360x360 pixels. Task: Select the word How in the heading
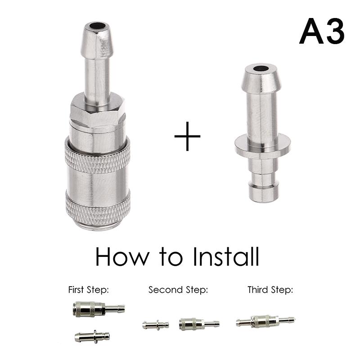point(121,257)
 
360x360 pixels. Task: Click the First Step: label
point(88,290)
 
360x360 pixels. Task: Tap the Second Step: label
point(178,290)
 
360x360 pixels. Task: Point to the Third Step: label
point(270,290)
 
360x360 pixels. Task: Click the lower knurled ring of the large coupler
point(98,209)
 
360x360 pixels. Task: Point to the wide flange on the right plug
point(262,145)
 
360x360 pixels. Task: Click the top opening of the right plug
point(261,70)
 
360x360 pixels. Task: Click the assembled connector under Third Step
point(265,321)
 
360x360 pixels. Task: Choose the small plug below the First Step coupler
point(92,336)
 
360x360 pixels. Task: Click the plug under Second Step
point(156,324)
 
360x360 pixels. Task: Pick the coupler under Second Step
point(198,324)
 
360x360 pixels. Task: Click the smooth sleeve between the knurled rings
point(98,182)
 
